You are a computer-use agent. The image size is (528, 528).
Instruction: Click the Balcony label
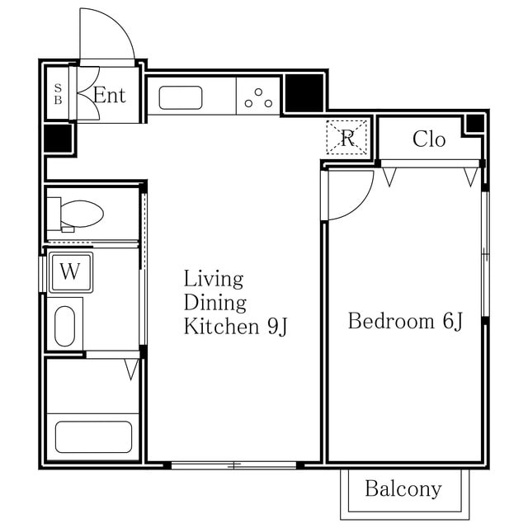tap(403, 489)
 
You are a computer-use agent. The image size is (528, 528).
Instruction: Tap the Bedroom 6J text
tap(405, 321)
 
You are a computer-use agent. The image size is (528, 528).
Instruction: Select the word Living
tap(214, 280)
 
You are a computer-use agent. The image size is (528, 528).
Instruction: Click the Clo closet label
tap(429, 139)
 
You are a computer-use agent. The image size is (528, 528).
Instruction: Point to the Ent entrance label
tap(110, 95)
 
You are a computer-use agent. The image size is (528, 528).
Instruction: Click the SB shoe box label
tap(58, 94)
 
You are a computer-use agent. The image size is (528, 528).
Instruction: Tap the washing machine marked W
tap(71, 272)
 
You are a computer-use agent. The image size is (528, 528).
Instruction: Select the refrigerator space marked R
tap(346, 138)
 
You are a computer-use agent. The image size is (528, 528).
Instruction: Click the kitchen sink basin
tap(181, 97)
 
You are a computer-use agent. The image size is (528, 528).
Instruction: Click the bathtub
tap(93, 436)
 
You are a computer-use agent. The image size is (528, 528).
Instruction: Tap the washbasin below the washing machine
tap(64, 326)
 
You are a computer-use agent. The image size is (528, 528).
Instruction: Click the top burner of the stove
tap(258, 92)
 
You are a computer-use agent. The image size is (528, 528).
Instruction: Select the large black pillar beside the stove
tap(304, 93)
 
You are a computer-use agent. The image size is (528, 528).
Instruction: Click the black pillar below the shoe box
tap(58, 138)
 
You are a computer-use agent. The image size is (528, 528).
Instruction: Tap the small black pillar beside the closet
tap(475, 124)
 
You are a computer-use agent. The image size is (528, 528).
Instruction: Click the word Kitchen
tap(221, 326)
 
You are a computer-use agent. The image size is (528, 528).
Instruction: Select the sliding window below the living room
tap(233, 465)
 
